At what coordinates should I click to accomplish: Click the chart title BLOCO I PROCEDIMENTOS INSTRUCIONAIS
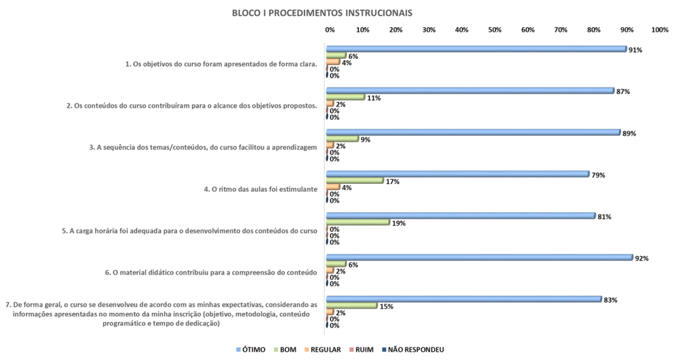tap(322, 13)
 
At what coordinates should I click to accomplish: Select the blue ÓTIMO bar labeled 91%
tap(476, 49)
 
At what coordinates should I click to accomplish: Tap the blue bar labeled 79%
tap(458, 174)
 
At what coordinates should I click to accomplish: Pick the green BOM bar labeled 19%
tap(358, 222)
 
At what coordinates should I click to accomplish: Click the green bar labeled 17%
tap(355, 180)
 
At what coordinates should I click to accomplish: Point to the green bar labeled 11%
tap(346, 97)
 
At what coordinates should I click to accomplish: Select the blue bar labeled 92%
tap(479, 257)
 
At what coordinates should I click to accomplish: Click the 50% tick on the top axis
tap(495, 30)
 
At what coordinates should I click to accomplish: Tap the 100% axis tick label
tap(659, 30)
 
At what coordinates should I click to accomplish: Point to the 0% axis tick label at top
tap(330, 30)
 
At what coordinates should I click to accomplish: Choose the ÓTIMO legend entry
tap(251, 349)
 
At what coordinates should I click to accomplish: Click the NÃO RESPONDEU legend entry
tap(413, 349)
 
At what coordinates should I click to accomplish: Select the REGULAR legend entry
tap(322, 349)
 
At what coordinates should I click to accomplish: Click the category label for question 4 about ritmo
tap(260, 189)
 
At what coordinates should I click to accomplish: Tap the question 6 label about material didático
tap(211, 273)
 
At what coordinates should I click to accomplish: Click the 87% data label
tap(623, 91)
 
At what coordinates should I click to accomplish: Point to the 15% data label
tap(386, 306)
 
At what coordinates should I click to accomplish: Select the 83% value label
tap(610, 300)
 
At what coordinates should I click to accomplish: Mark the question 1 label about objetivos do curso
tap(221, 64)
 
